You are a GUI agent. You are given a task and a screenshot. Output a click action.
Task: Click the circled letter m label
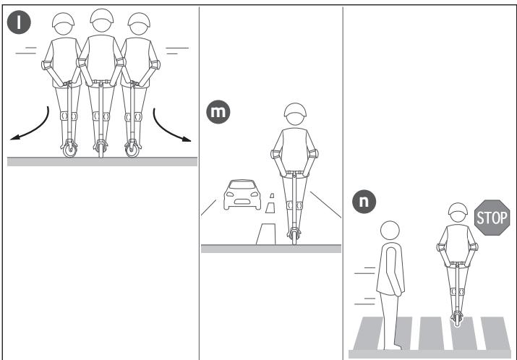tap(215, 114)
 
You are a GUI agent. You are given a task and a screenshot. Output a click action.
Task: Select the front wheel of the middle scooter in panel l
tap(101, 150)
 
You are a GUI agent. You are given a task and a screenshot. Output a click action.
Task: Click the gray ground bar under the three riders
tap(101, 162)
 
